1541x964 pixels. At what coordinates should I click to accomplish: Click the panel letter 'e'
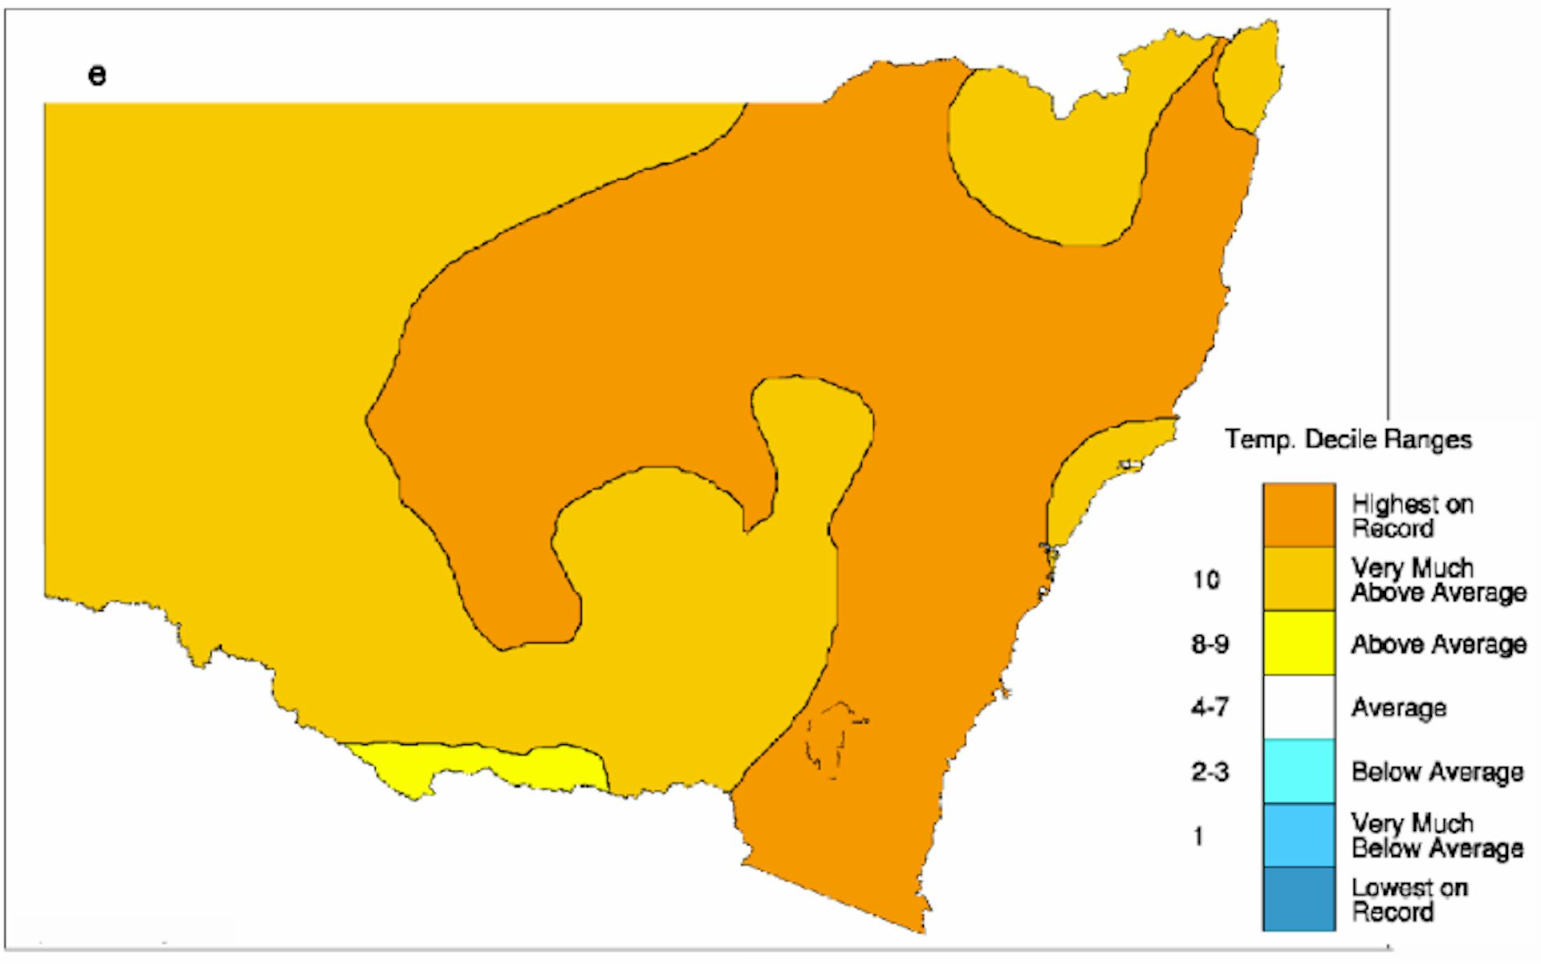pos(97,75)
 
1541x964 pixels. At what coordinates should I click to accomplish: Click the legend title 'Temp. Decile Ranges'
pos(1348,439)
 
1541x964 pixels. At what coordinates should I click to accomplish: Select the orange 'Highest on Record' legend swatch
pos(1299,515)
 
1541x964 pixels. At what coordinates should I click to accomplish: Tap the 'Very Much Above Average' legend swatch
pos(1299,579)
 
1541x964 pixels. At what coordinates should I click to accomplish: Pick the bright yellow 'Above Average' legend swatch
pos(1299,643)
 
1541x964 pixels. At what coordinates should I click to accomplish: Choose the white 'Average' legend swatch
pos(1299,707)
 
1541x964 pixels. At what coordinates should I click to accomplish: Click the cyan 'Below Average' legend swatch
pos(1299,772)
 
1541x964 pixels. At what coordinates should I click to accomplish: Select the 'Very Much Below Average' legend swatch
pos(1299,835)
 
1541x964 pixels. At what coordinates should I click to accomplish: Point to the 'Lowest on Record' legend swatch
pos(1299,899)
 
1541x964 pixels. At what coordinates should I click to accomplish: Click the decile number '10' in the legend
pos(1206,580)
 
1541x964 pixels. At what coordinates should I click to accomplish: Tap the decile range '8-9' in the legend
pos(1210,644)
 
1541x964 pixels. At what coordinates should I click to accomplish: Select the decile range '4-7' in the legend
pos(1210,707)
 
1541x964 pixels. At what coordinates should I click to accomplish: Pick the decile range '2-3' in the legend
pos(1210,772)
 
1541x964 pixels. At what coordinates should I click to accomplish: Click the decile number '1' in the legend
pos(1198,836)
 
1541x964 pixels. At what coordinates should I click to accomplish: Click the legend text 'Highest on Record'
pos(1412,516)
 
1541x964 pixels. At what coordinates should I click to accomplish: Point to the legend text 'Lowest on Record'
pos(1409,900)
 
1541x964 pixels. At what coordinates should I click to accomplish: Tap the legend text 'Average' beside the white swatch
pos(1398,707)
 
